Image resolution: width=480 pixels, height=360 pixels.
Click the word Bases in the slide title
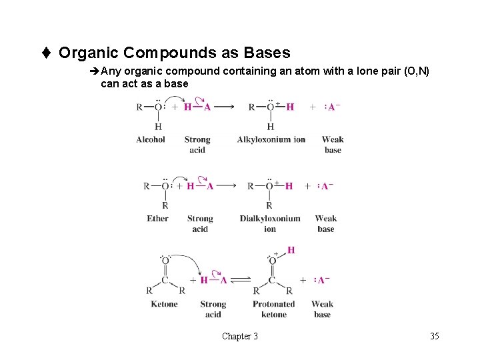(267, 52)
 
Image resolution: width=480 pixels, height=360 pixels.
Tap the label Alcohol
(151, 139)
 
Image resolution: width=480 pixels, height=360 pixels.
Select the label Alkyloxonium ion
(271, 139)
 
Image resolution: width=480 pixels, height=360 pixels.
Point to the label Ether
(158, 218)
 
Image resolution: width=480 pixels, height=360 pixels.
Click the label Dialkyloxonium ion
(270, 223)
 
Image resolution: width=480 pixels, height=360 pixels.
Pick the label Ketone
(164, 304)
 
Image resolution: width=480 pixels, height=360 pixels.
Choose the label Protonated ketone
(274, 309)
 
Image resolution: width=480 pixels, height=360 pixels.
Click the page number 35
(435, 336)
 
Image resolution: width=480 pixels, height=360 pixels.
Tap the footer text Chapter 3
(240, 336)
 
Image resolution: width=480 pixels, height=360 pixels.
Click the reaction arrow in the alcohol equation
(223, 107)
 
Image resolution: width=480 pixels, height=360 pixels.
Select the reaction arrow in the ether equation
(227, 186)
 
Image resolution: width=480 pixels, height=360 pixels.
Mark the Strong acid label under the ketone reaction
(213, 309)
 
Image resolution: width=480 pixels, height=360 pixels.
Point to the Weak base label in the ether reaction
(326, 223)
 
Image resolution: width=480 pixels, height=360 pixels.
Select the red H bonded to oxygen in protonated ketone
(291, 250)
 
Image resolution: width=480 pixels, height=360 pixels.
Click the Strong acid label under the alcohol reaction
(197, 145)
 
